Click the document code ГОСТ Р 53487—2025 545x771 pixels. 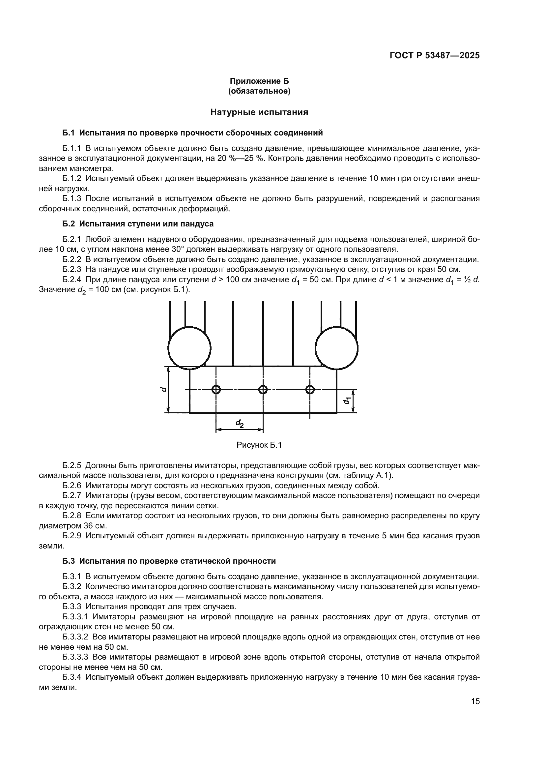click(x=435, y=56)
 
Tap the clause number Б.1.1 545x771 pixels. click(x=72, y=148)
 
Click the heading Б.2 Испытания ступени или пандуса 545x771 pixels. click(x=138, y=223)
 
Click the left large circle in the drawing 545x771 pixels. click(x=189, y=348)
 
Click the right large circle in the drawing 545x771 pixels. click(x=336, y=348)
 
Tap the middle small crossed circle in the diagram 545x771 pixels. click(x=263, y=390)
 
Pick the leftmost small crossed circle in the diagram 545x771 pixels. click(x=216, y=390)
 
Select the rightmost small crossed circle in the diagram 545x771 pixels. click(x=310, y=390)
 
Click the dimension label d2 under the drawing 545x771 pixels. click(x=240, y=424)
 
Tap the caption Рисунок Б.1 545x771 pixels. click(x=259, y=445)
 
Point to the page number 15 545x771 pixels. click(x=475, y=701)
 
